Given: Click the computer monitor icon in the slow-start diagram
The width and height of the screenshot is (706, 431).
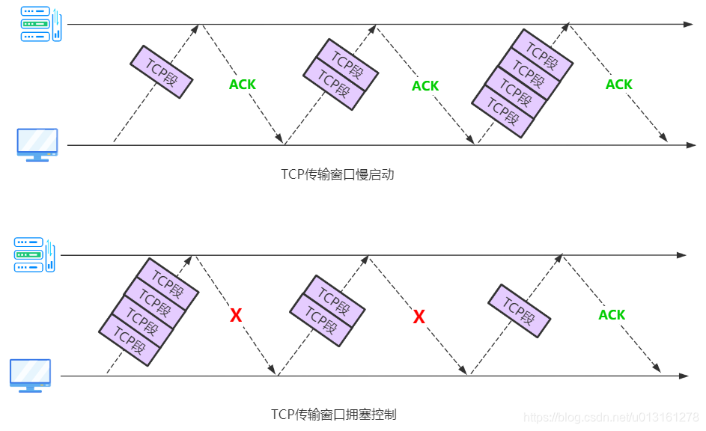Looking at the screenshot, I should tap(37, 144).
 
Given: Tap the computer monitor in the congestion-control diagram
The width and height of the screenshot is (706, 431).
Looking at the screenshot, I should tap(31, 374).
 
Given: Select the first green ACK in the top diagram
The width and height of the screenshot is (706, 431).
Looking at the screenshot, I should tap(243, 85).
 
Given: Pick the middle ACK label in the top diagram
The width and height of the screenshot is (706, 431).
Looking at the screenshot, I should tap(425, 86).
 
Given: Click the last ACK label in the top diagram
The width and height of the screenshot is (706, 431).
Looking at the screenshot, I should tap(619, 85).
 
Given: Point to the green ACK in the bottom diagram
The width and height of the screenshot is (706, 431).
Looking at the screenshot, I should tap(612, 315).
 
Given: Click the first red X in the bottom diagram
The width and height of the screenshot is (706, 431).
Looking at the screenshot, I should tap(236, 316).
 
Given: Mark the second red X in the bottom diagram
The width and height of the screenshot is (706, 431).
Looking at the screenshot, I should tap(419, 317).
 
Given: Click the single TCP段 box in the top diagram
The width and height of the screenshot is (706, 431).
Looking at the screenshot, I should tap(162, 72).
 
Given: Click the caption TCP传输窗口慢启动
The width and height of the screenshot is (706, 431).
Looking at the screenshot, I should tap(338, 175).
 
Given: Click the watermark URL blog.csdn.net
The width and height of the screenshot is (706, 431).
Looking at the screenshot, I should tap(611, 417).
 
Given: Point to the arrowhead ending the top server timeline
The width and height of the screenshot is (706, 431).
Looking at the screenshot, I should tap(690, 25).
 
